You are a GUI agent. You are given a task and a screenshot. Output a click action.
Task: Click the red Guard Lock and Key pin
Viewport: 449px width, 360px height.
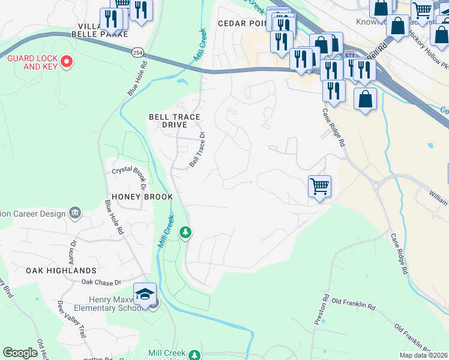click(x=67, y=61)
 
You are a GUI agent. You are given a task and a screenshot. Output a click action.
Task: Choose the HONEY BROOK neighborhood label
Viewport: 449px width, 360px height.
click(x=142, y=197)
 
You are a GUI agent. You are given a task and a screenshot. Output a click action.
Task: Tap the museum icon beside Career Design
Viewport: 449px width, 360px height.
click(x=75, y=212)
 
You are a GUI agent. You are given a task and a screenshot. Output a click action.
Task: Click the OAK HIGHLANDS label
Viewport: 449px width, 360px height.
click(x=61, y=271)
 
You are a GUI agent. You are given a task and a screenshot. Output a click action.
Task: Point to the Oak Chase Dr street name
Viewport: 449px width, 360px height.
click(x=101, y=282)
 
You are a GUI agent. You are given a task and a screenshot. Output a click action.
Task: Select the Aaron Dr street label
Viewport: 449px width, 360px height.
click(x=73, y=250)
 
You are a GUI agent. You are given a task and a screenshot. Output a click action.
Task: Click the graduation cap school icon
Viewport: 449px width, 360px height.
click(x=145, y=294)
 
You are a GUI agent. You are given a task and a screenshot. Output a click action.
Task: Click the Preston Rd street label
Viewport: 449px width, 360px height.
click(x=322, y=310)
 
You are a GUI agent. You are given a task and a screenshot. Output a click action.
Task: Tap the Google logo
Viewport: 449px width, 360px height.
click(x=20, y=353)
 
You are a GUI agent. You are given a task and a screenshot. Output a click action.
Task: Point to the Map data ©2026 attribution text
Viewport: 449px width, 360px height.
click(x=424, y=355)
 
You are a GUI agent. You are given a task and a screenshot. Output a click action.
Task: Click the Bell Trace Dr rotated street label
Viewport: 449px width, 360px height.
click(x=197, y=150)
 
